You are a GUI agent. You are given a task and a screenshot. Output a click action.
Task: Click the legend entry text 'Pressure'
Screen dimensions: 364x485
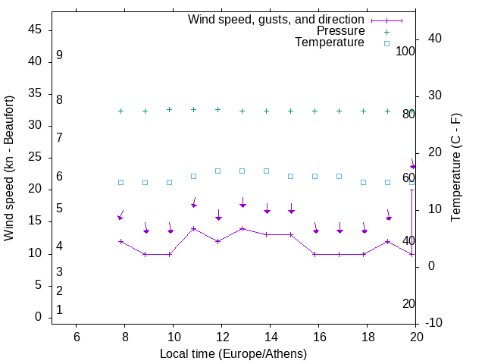click(x=341, y=31)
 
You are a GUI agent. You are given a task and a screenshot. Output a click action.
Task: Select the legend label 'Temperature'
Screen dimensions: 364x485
click(x=330, y=42)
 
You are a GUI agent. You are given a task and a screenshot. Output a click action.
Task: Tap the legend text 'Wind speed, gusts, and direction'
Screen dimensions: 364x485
click(x=277, y=19)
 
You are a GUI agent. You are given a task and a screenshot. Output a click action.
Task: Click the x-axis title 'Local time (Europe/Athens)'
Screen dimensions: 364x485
click(x=233, y=353)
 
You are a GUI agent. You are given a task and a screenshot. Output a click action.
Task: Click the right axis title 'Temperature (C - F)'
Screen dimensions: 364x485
click(x=455, y=168)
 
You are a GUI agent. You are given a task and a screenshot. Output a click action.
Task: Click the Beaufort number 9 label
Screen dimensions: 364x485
click(x=59, y=55)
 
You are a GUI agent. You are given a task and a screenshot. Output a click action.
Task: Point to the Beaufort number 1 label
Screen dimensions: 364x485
click(x=59, y=309)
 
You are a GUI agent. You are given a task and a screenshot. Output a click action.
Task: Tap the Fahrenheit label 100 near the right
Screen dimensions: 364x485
click(x=405, y=51)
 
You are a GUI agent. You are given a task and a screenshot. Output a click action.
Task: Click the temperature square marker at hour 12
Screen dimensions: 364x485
click(x=218, y=171)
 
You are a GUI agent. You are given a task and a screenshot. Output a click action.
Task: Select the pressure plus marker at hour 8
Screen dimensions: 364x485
click(x=120, y=111)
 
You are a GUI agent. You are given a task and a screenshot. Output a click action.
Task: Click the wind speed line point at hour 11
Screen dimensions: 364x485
click(x=194, y=228)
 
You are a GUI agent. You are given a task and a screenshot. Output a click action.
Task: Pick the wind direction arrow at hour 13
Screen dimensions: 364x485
click(x=242, y=202)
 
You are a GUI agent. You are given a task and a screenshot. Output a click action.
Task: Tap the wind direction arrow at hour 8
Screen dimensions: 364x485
click(x=120, y=215)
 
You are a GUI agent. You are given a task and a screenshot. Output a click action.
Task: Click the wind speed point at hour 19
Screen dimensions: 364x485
click(x=388, y=241)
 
